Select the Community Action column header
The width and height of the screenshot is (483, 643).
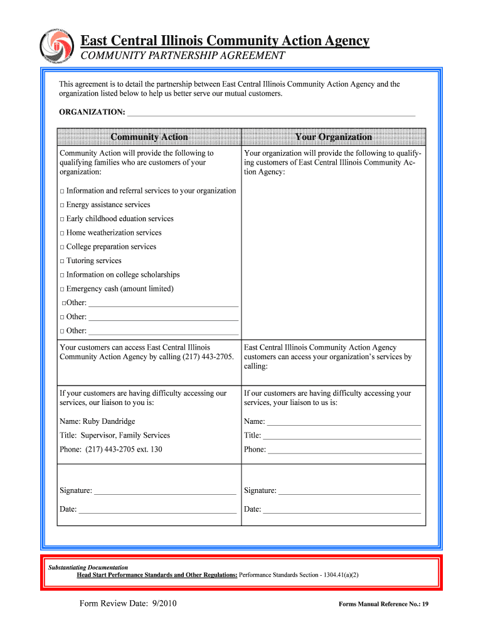coord(149,137)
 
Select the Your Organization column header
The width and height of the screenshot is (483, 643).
coord(333,137)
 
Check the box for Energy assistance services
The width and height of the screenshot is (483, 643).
coord(62,205)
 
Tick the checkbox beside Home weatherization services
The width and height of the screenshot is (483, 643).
coord(62,233)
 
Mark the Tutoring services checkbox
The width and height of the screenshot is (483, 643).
coord(62,261)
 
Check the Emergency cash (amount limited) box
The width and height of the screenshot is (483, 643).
coord(62,289)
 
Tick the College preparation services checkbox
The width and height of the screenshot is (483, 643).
coord(62,247)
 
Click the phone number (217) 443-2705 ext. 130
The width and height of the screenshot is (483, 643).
coord(111,450)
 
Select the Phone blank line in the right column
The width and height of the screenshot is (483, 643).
coord(344,450)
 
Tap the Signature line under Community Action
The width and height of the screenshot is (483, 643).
coord(165,491)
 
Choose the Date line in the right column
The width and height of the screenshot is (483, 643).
coord(342,510)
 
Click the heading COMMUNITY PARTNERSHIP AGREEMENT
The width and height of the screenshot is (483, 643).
coord(181,56)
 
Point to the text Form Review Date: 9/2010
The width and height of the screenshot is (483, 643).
coord(128,604)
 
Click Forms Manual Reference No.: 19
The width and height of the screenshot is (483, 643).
coord(383,605)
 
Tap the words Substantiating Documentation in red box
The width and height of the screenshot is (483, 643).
coord(88,567)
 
